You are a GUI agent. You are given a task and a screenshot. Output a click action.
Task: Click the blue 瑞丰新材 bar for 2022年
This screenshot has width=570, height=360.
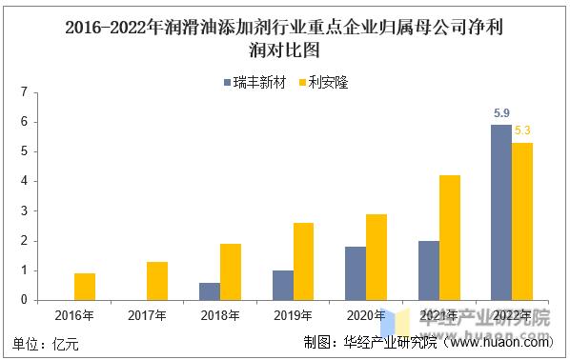coord(500,212)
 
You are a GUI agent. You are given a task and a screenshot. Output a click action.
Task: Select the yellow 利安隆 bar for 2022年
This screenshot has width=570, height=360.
coord(522,221)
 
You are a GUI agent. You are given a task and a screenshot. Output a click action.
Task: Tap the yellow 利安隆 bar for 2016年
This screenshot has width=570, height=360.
coord(84,287)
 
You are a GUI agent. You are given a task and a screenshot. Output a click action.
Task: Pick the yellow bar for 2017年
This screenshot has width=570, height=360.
coord(157,281)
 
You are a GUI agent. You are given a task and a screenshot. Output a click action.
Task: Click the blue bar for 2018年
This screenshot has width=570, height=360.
coord(209,291)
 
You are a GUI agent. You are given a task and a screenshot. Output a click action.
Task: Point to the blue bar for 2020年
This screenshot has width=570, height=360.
coord(355,273)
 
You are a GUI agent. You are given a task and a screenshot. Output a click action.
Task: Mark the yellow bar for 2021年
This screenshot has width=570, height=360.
coord(450,237)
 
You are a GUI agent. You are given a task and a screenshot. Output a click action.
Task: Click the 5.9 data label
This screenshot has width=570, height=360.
coord(500,113)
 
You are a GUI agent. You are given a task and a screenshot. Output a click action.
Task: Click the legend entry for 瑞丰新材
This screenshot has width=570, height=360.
coord(257,82)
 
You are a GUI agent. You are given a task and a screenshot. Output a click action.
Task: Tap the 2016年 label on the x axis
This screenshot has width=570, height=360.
coord(73,315)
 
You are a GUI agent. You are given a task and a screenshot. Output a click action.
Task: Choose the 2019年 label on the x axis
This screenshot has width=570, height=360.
coord(294,315)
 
